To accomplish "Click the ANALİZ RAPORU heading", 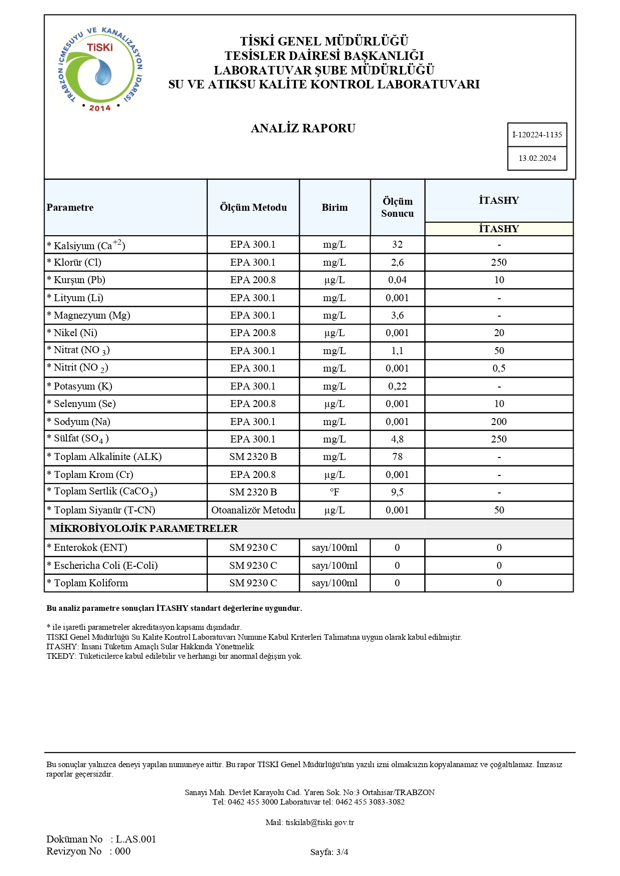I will [303, 128].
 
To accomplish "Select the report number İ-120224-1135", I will [537, 135].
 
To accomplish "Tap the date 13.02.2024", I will [537, 158].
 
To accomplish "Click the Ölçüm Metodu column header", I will [253, 207].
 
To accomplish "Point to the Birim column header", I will [334, 207].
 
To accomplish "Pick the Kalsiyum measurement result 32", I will [397, 244].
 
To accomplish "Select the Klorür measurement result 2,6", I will [397, 262].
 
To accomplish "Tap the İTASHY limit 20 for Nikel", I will [499, 333].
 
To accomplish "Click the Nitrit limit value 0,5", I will [499, 368].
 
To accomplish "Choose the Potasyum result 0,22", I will [397, 386].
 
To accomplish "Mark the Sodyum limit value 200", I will [499, 422].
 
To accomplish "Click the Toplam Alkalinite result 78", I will [397, 456].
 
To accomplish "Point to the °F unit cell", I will [334, 492].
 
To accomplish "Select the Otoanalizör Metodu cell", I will [253, 510].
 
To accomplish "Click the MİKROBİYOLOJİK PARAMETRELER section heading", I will [144, 528].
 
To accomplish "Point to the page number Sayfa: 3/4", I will [329, 852].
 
